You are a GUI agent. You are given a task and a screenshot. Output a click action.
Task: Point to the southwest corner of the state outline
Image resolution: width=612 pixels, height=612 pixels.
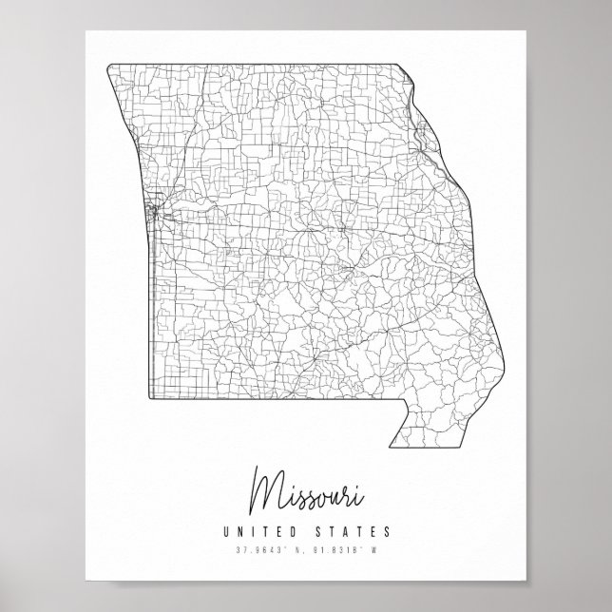[x=149, y=399]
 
